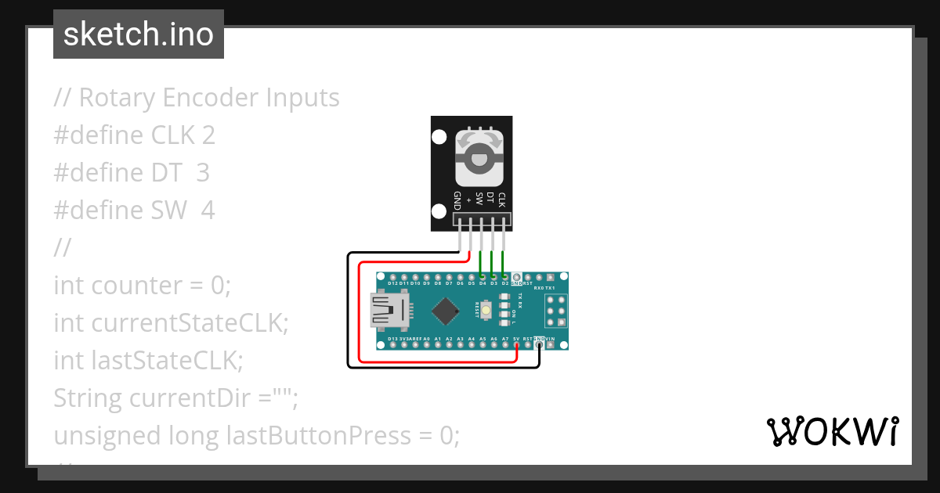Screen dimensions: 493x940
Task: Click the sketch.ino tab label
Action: [x=139, y=34]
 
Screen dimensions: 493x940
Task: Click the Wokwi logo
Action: [x=831, y=431]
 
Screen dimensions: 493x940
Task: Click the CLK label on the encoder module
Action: [x=501, y=200]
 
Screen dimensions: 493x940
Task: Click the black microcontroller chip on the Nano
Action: [x=445, y=311]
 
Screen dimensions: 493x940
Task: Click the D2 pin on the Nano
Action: [x=504, y=277]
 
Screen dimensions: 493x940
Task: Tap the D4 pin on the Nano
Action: [x=482, y=277]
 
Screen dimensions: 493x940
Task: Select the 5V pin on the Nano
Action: [x=516, y=344]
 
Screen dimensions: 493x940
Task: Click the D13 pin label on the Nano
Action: [x=392, y=339]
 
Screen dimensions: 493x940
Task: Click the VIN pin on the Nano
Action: [x=550, y=344]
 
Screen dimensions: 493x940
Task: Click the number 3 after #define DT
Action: [x=203, y=173]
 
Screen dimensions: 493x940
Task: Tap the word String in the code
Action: [x=88, y=398]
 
